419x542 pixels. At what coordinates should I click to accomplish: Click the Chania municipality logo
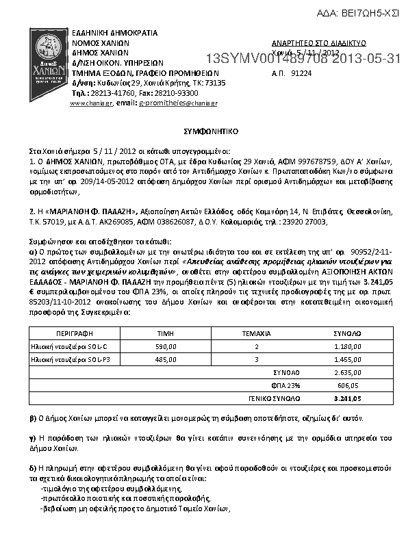pyautogui.click(x=49, y=64)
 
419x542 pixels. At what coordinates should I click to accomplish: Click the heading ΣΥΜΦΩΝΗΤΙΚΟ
pyautogui.click(x=209, y=129)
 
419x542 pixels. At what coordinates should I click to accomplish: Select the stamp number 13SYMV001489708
pyautogui.click(x=264, y=59)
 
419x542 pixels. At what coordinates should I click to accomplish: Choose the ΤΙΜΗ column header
pyautogui.click(x=166, y=333)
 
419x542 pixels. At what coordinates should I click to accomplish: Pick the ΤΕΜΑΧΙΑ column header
pyautogui.click(x=257, y=333)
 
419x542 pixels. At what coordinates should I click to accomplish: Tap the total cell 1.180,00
pyautogui.click(x=348, y=346)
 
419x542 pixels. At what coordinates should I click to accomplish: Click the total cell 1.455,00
pyautogui.click(x=348, y=359)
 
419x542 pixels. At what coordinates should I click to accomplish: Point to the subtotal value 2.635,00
pyautogui.click(x=348, y=372)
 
